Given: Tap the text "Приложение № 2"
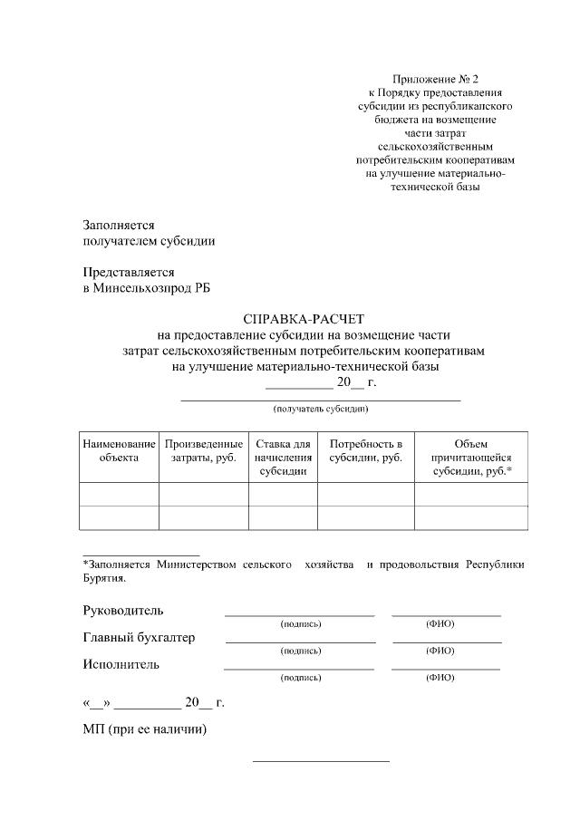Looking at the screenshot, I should pos(430,80).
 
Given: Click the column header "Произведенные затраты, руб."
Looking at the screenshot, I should pos(204,451).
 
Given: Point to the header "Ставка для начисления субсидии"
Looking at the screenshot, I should pos(283,458).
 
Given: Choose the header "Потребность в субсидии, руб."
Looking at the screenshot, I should pos(365,451).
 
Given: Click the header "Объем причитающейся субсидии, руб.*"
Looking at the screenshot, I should pos(471,458).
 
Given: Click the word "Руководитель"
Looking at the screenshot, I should pos(123,610).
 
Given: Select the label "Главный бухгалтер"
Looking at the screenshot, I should pos(139,637).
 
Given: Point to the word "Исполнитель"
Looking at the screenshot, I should pos(121,664).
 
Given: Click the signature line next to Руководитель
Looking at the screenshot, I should pos(299,614).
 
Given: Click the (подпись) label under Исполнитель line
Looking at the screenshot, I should pos(301,677).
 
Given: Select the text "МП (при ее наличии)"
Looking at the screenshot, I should pos(145,729).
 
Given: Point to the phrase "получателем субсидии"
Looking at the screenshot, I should pos(149,241).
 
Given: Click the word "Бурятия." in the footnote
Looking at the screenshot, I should pos(104,577).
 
